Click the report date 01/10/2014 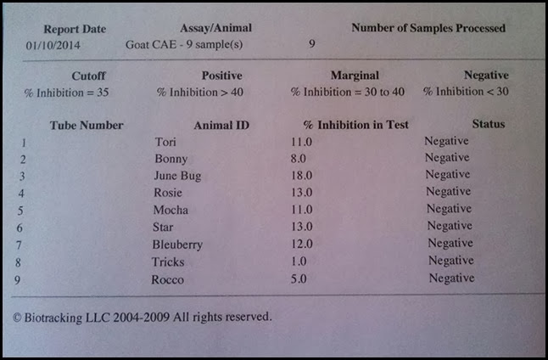coord(53,43)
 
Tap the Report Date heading coord(75,29)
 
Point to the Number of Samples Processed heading coord(428,28)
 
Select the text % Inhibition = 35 coord(67,91)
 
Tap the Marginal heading coord(355,76)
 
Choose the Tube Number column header coord(87,125)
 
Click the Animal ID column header coord(221,125)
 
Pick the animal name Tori coord(167,141)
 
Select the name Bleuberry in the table coord(178,245)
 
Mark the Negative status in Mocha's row coord(449,209)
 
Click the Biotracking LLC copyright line coord(143,317)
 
